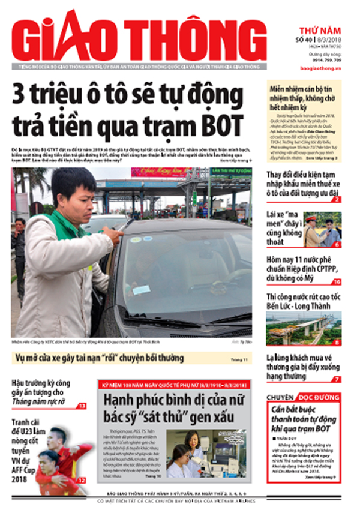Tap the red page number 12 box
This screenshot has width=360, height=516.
(82, 479)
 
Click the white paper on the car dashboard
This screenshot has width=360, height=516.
(142, 289)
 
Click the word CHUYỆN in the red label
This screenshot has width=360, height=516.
(281, 398)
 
